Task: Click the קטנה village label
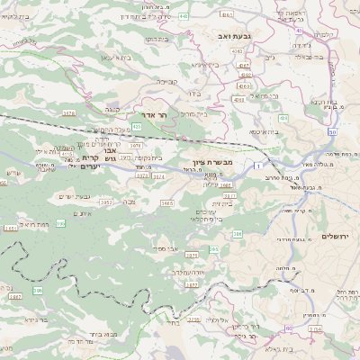click(x=112, y=107)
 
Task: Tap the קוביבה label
click(x=167, y=80)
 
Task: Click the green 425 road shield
click(x=136, y=126)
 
